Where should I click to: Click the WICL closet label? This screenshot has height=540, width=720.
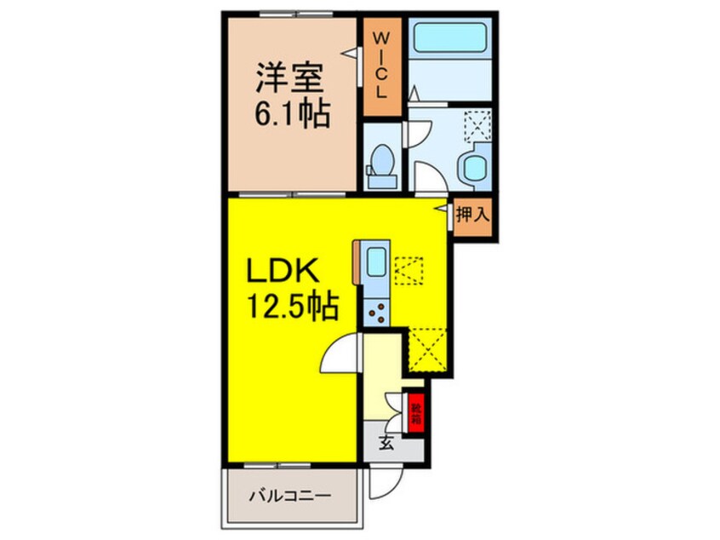380,65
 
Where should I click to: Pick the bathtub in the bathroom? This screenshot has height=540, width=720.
449,40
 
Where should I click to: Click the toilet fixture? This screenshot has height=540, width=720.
381,165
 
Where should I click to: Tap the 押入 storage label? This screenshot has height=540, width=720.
471,215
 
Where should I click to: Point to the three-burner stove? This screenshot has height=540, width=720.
375,313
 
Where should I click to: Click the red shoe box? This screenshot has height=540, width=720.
415,412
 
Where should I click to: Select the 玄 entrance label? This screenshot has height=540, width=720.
386,443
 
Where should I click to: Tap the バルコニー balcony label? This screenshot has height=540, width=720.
289,495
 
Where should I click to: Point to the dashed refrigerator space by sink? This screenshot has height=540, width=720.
411,272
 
